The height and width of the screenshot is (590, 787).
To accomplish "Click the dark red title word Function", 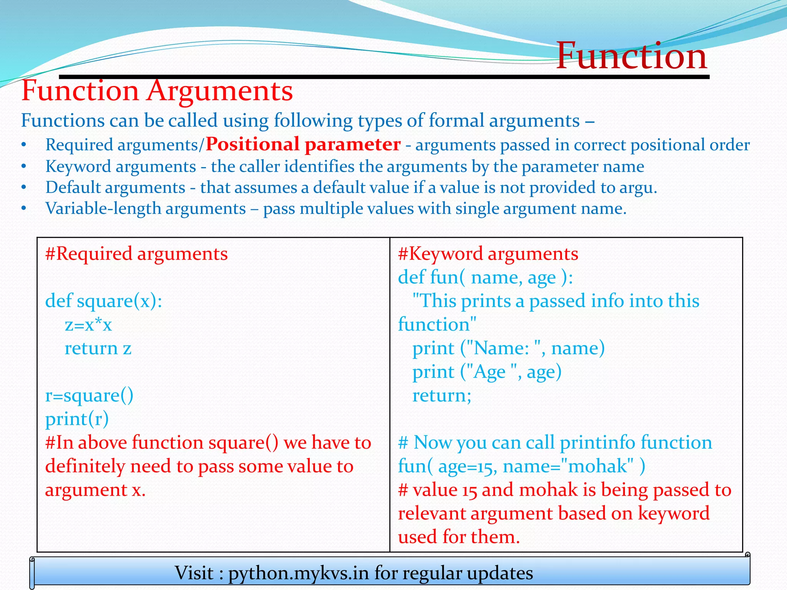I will (x=631, y=56).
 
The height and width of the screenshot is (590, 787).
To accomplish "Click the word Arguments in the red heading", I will (x=219, y=91).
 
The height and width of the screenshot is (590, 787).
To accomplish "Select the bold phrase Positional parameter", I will (x=303, y=144).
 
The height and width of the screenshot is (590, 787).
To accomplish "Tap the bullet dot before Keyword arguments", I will (x=24, y=166).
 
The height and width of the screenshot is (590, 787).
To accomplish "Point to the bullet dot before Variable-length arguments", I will (x=24, y=209).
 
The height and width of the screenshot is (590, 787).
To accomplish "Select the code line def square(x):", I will (x=104, y=301).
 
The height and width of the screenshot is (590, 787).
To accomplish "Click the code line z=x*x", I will (x=88, y=325).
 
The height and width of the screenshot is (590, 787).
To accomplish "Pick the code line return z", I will (x=98, y=348).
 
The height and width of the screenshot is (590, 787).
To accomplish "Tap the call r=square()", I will (x=89, y=396).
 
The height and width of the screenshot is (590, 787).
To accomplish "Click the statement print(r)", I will (x=77, y=419).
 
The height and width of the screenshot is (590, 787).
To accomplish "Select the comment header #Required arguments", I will (x=136, y=254).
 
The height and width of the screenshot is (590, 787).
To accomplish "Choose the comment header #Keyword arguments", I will (x=488, y=254).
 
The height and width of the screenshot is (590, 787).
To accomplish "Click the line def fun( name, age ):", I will (x=485, y=277).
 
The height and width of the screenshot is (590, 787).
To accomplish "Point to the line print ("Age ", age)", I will (x=487, y=372).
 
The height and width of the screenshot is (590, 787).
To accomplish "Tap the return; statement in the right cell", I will (x=442, y=396).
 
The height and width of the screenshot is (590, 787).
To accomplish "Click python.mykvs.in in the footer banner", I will (x=299, y=573).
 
